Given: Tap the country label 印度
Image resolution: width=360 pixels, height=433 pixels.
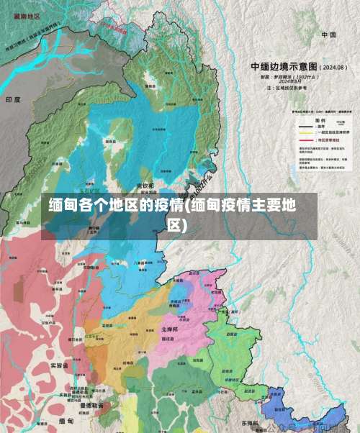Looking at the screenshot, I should (x=12, y=99).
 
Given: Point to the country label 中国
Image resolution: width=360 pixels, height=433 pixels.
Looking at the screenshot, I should (x=329, y=35).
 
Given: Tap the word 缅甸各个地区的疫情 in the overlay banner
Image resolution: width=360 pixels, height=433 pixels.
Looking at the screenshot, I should (x=115, y=205).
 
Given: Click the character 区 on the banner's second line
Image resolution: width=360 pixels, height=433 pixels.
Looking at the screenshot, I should (x=174, y=225).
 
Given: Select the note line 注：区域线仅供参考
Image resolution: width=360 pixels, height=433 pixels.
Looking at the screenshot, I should (x=276, y=86).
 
